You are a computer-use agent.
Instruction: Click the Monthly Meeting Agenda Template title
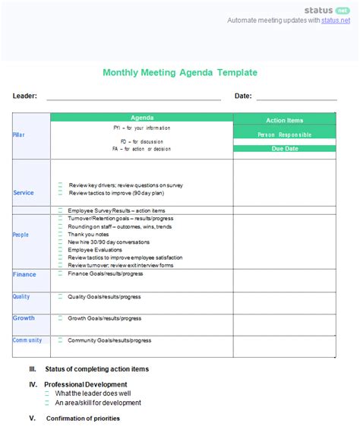coord(179,73)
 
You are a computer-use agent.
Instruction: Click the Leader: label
coord(24,96)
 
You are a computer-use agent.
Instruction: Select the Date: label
coord(243,96)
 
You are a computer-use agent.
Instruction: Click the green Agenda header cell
coord(142,118)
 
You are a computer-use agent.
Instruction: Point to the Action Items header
coord(285,120)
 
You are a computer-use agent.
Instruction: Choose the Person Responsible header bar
coord(285,134)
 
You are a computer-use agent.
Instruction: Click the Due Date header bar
coord(285,149)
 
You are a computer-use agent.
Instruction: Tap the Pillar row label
coord(19,134)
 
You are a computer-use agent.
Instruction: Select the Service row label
coord(24,193)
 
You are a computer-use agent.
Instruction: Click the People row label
coord(21,235)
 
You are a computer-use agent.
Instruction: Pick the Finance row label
coord(24,274)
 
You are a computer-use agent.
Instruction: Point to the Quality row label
coord(21,296)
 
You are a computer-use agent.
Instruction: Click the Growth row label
coord(24,318)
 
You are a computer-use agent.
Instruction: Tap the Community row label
coord(27,340)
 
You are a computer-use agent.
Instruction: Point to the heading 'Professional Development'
coord(85,384)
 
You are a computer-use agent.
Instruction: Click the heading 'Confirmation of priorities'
coord(83,419)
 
